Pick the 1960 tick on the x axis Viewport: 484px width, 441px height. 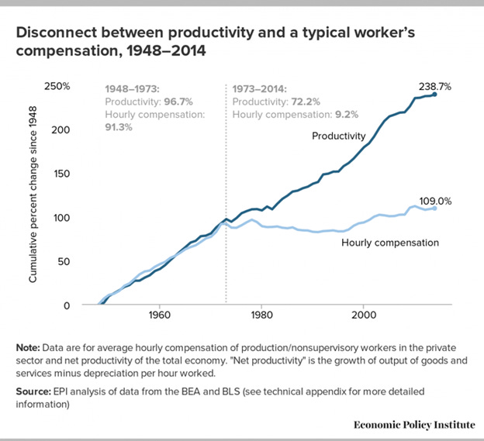[x=158, y=316]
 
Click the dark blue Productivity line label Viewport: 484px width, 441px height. [x=338, y=136]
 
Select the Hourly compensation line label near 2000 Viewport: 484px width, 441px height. [x=390, y=243]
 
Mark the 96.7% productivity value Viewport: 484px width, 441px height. [x=178, y=102]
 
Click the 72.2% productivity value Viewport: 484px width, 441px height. [x=306, y=102]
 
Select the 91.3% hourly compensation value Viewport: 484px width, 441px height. [x=119, y=128]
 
